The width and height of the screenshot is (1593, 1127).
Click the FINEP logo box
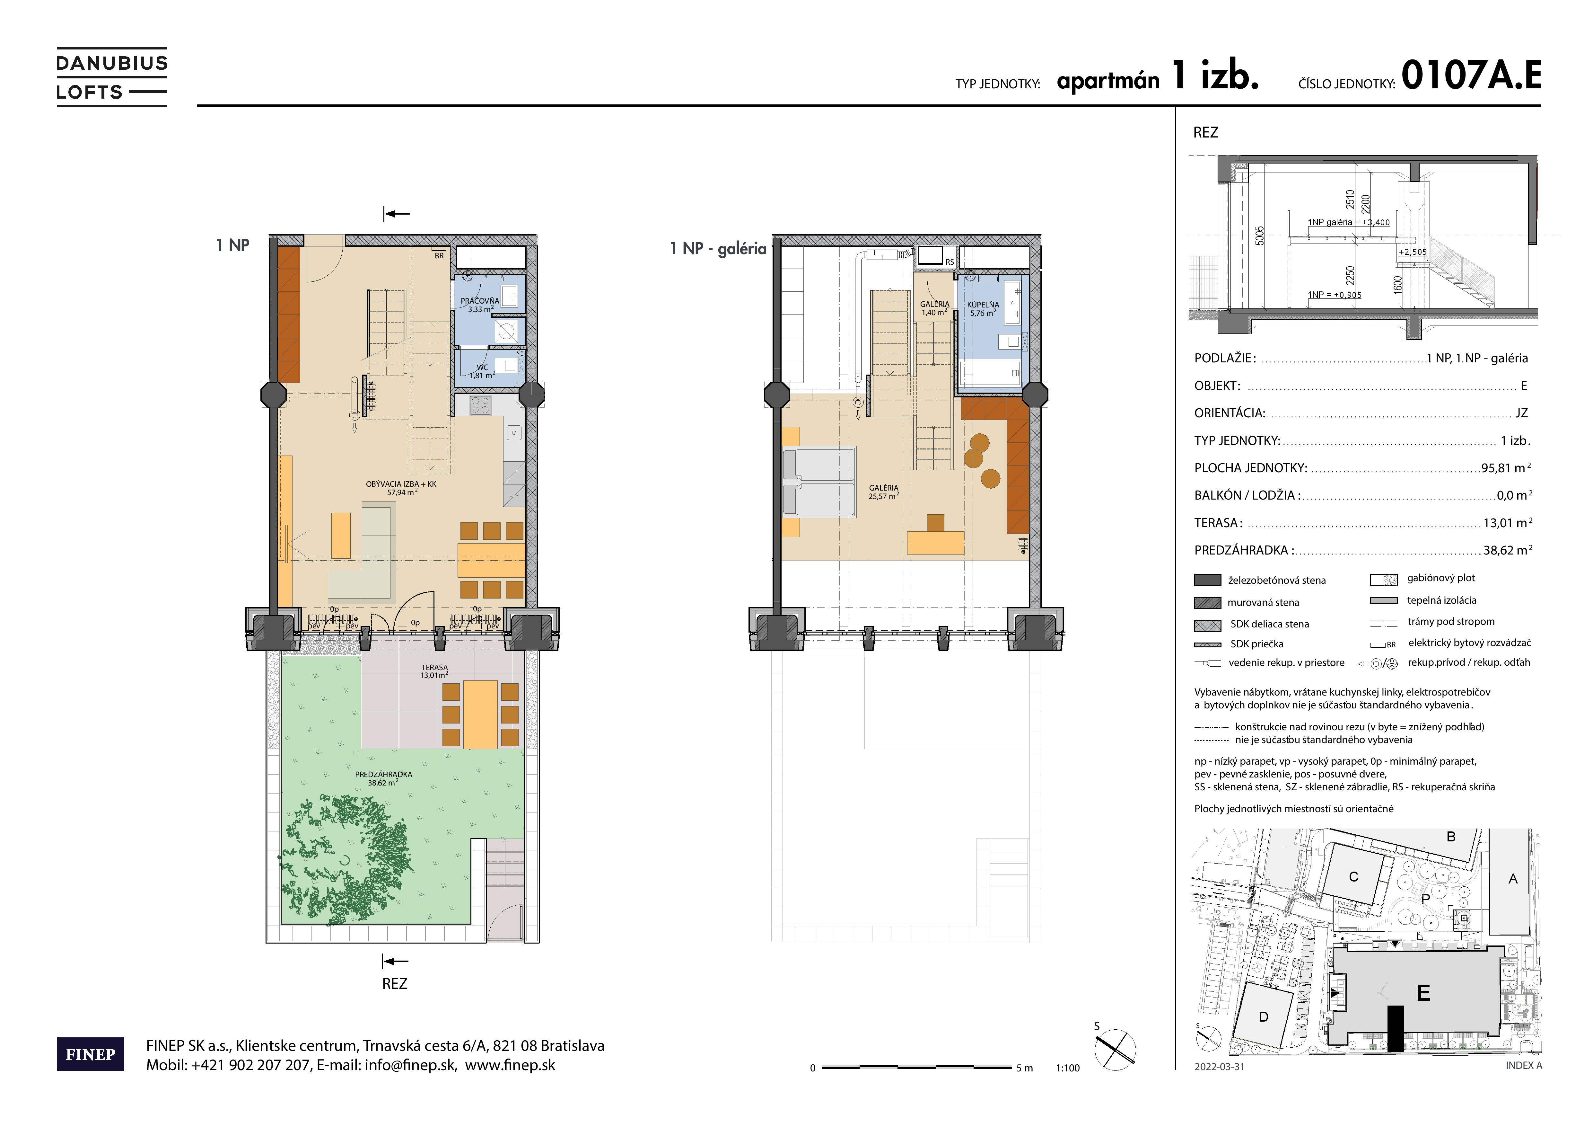pos(90,1054)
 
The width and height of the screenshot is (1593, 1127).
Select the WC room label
pos(482,371)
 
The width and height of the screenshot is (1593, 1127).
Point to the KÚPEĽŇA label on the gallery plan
pos(983,309)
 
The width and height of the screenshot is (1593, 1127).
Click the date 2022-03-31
pos(1220,1067)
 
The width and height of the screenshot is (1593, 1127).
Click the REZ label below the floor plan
pos(395,983)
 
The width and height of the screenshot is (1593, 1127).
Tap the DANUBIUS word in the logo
pos(112,63)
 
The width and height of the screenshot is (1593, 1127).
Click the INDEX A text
pos(1524,1065)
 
